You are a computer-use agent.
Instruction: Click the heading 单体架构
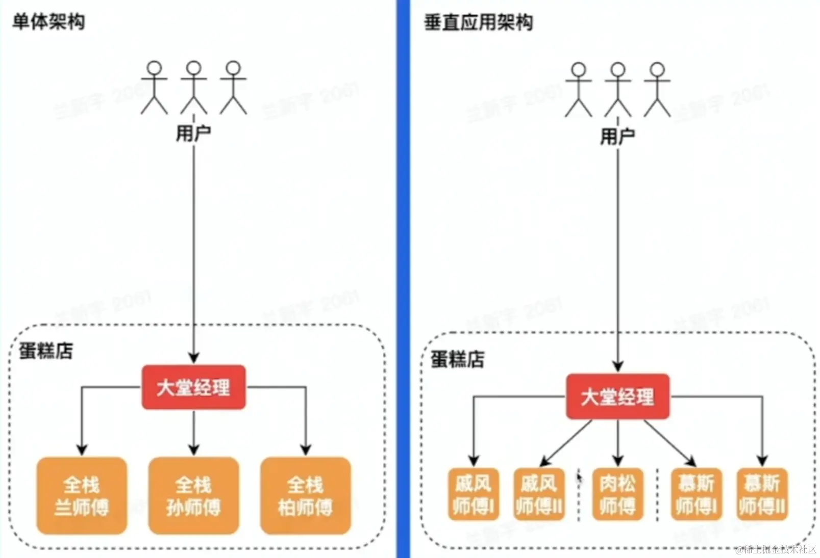pyautogui.click(x=48, y=22)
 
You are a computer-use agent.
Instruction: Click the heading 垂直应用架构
pyautogui.click(x=478, y=23)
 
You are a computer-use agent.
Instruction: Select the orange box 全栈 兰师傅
pyautogui.click(x=82, y=495)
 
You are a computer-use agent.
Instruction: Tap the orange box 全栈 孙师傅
pyautogui.click(x=193, y=495)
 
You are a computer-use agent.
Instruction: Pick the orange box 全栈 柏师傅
pyautogui.click(x=305, y=495)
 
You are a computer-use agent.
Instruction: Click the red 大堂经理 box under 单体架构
pyautogui.click(x=193, y=387)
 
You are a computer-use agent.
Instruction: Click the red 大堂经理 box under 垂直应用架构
pyautogui.click(x=617, y=396)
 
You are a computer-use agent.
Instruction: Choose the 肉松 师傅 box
pyautogui.click(x=617, y=494)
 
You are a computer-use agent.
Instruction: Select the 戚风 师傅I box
pyautogui.click(x=473, y=494)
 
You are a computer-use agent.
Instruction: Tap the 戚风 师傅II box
pyautogui.click(x=539, y=494)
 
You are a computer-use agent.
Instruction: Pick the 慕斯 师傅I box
pyautogui.click(x=697, y=494)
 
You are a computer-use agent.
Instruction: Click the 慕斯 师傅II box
pyautogui.click(x=762, y=494)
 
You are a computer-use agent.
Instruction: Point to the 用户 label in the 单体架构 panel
pyautogui.click(x=193, y=134)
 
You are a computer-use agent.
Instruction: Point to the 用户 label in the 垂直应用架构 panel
pyautogui.click(x=617, y=136)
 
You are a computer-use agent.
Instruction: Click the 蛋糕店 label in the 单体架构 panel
pyautogui.click(x=46, y=351)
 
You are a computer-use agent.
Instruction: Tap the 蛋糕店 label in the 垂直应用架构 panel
pyautogui.click(x=458, y=359)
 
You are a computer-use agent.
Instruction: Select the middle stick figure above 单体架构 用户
pyautogui.click(x=193, y=88)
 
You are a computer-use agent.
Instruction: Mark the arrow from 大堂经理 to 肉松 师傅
pyautogui.click(x=617, y=442)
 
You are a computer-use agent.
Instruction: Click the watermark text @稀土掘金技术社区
pyautogui.click(x=776, y=549)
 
